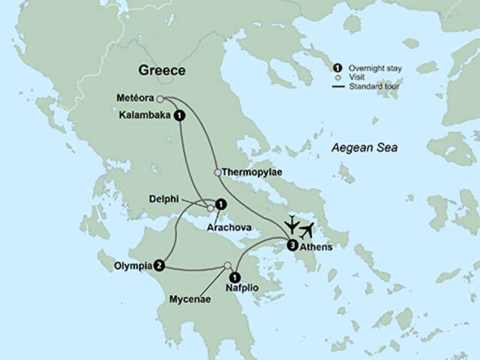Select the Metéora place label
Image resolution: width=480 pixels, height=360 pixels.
point(136,98)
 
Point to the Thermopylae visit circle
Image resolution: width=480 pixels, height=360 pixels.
point(217,172)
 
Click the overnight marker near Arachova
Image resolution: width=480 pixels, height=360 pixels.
point(220,203)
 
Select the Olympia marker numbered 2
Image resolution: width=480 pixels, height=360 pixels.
point(160,265)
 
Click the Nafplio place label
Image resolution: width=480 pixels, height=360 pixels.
point(242,288)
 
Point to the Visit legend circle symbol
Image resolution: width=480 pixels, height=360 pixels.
point(339,77)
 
